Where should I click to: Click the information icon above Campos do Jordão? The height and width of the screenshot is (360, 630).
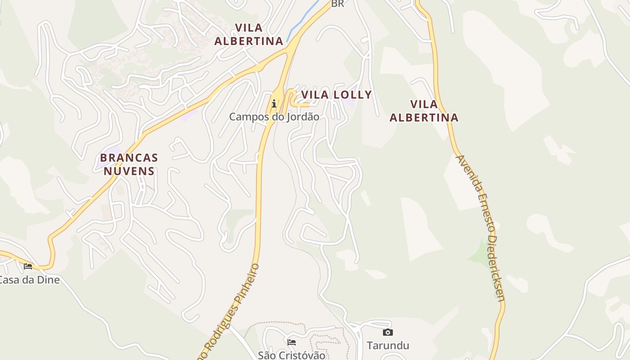point(274,104)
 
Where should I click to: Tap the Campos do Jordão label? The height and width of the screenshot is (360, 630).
point(274,117)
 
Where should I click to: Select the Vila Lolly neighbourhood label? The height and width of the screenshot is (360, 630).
point(337,95)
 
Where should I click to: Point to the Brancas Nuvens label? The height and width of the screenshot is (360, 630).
point(129,164)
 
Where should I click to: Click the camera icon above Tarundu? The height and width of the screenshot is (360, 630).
point(387,333)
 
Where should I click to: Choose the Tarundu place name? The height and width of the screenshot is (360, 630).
point(387,346)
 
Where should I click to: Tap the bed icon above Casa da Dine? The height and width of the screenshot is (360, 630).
point(28,266)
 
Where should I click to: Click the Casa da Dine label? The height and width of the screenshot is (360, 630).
point(29,280)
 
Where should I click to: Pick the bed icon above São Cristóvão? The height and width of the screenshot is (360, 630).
point(292,342)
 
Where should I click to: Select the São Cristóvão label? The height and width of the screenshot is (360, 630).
point(292,355)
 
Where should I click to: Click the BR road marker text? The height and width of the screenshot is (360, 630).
point(337,4)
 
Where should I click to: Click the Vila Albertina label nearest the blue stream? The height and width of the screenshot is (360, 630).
point(248,34)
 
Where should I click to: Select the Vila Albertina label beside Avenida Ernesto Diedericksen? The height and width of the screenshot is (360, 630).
point(424,111)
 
